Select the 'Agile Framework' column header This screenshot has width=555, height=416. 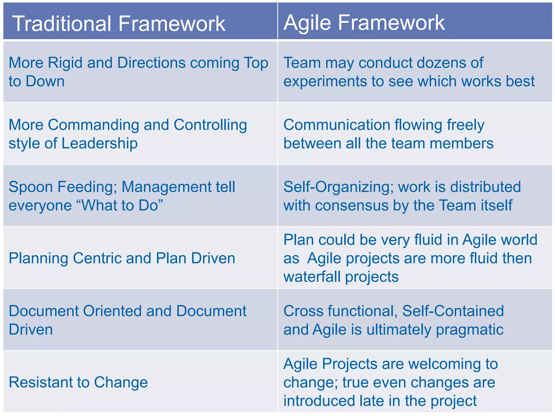point(364,22)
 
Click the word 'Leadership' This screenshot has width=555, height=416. point(99,143)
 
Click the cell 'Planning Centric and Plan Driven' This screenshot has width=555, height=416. point(122,258)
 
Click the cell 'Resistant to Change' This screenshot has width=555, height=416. point(78,382)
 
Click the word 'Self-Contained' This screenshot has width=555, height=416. point(453,311)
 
